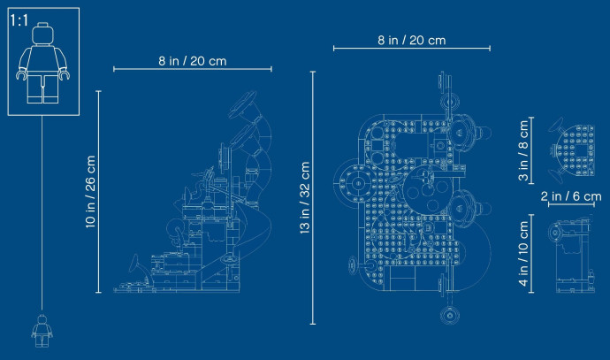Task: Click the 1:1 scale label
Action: coord(19,20)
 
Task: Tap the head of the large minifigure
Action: coord(42,34)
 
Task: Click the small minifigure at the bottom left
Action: coord(42,331)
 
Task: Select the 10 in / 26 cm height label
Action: coord(90,191)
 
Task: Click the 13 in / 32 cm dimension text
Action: coord(305,197)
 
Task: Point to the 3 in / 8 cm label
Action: coord(523,150)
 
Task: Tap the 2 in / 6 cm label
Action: coord(571,195)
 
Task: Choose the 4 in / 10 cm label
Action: coord(523,253)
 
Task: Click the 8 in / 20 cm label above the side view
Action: coord(193,61)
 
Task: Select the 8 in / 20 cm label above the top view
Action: coord(412,41)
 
